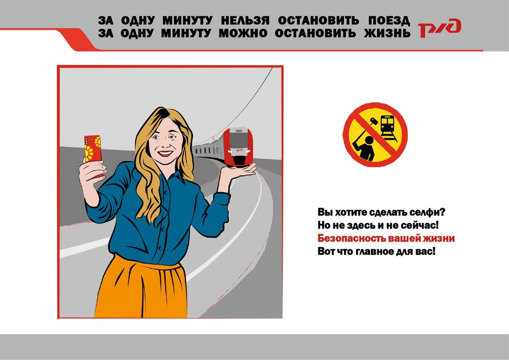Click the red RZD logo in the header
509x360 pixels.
[x=439, y=28]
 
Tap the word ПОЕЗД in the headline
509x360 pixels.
[x=389, y=21]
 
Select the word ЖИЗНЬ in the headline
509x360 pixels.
[x=387, y=33]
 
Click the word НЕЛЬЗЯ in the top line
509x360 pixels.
[x=245, y=20]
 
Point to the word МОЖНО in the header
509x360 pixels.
[x=243, y=33]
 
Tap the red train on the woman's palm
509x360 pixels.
[x=238, y=147]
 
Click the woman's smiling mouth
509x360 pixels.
[x=166, y=152]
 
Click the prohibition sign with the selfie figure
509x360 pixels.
[x=375, y=135]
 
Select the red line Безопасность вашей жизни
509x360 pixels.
[x=386, y=238]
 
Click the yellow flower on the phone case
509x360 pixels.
[x=89, y=152]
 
